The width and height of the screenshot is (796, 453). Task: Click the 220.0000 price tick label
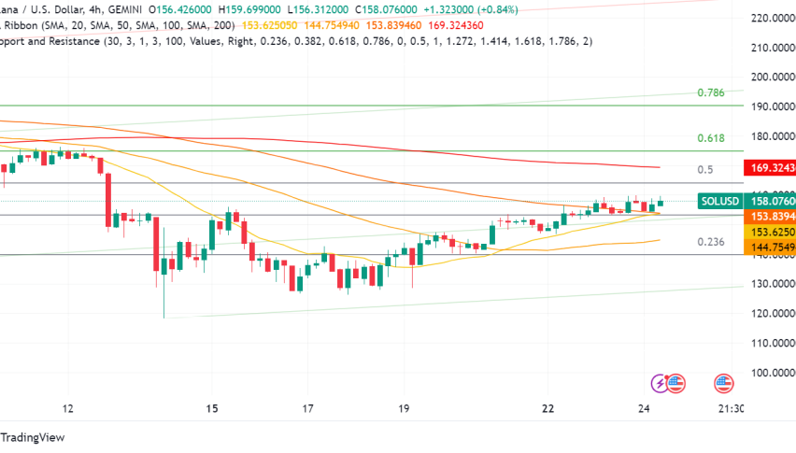[x=772, y=18]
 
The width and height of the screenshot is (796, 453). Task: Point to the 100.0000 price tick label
[x=772, y=373]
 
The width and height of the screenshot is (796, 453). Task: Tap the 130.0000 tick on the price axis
[x=772, y=284]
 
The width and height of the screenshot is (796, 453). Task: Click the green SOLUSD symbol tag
[x=720, y=201]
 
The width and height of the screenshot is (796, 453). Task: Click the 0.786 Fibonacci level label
[x=711, y=92]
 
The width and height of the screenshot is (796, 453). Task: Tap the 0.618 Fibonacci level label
[x=711, y=138]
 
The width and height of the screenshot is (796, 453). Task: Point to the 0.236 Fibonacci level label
[x=711, y=241]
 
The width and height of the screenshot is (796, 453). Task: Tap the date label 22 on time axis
[x=548, y=408]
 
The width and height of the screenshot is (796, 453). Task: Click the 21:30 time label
[x=732, y=408]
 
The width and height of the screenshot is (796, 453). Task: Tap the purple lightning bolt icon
[x=661, y=382]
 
